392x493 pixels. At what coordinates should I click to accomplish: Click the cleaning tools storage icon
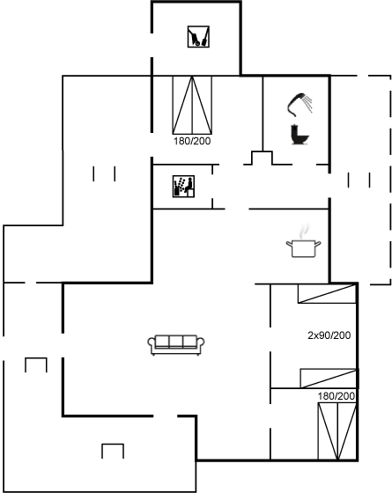(198, 37)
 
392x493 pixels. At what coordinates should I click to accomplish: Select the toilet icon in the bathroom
(300, 135)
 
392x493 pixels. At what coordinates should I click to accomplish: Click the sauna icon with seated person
(183, 187)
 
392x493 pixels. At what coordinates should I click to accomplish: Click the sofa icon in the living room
(176, 345)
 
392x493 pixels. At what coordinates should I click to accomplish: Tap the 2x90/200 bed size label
(329, 335)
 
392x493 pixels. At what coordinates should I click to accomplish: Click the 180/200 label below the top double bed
(192, 141)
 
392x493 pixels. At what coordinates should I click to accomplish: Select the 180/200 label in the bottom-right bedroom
(336, 396)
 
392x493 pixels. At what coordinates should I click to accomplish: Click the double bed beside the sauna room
(192, 105)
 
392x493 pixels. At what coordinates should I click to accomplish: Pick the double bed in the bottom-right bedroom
(337, 431)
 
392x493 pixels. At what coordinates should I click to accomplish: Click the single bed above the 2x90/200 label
(327, 294)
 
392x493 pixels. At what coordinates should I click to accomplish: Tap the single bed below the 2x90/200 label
(328, 379)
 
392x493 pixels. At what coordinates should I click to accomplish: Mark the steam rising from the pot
(304, 231)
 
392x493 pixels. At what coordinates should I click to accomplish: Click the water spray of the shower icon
(308, 104)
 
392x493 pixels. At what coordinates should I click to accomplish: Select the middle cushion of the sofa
(176, 342)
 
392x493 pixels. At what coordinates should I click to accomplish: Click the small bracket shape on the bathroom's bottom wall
(262, 158)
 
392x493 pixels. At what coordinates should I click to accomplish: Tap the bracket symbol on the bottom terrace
(113, 451)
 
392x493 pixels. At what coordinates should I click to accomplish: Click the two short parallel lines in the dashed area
(359, 180)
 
